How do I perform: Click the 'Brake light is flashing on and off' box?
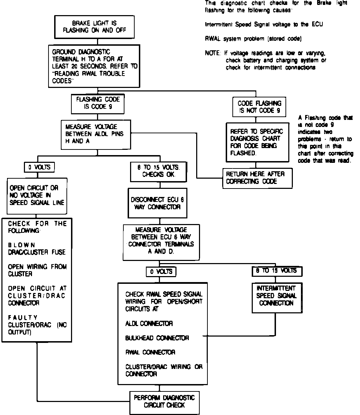(x=95, y=27)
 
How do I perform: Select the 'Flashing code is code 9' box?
(x=98, y=103)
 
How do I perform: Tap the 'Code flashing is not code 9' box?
(x=259, y=107)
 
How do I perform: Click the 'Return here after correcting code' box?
(x=257, y=178)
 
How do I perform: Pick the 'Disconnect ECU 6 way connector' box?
(x=157, y=203)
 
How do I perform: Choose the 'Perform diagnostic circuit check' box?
(x=164, y=401)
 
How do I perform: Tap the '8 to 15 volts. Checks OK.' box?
(x=159, y=171)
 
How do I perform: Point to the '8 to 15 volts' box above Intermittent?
(x=277, y=271)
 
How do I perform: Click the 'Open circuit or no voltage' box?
(x=37, y=195)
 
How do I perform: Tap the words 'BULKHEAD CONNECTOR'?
(x=157, y=338)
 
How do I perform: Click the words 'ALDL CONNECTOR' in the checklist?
(x=149, y=323)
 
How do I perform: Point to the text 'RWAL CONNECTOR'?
(x=150, y=352)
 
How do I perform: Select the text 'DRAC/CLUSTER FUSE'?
(x=37, y=252)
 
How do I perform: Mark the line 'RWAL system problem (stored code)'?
(x=253, y=38)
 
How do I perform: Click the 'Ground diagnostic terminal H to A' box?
(x=95, y=66)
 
